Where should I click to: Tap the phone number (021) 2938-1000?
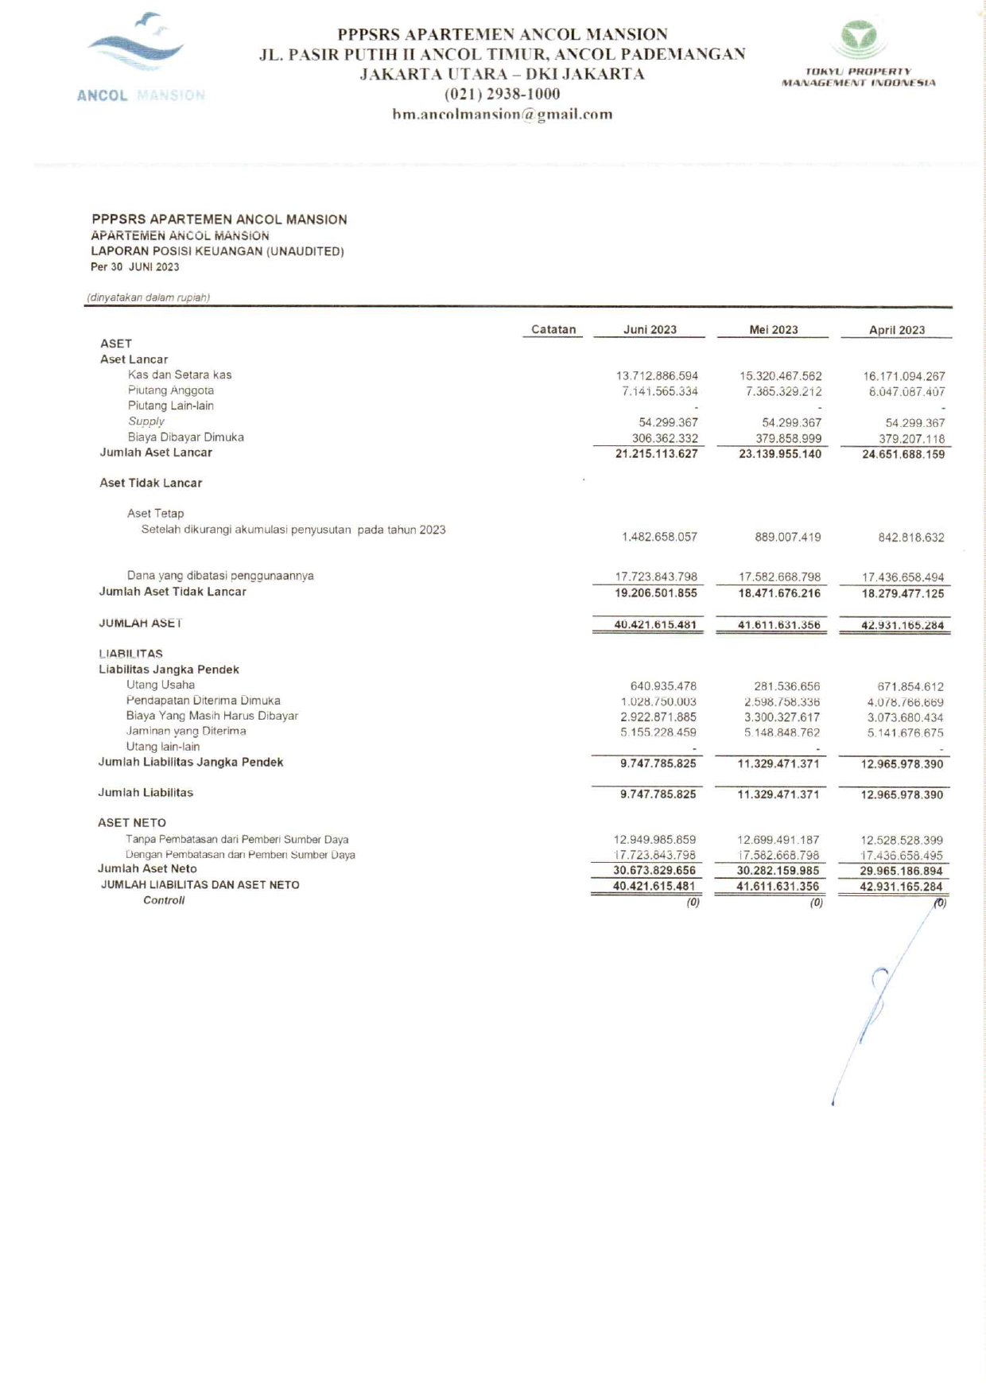[502, 94]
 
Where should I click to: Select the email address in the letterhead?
[502, 114]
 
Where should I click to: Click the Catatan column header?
[553, 329]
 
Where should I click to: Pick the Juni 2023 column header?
[650, 329]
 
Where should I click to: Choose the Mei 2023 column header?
[773, 329]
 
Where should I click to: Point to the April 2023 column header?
[896, 330]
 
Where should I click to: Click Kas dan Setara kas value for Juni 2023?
[657, 375]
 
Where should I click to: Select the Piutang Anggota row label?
[171, 390]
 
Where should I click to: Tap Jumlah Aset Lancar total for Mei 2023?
[780, 454]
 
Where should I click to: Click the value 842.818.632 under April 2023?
[911, 538]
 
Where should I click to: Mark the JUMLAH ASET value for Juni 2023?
[655, 625]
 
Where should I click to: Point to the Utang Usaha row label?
[161, 685]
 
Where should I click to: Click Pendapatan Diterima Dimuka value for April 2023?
[905, 702]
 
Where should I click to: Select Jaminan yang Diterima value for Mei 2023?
[782, 732]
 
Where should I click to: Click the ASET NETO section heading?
[132, 823]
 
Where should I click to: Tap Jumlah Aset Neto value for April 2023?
[901, 872]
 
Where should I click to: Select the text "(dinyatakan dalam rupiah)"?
[149, 297]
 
